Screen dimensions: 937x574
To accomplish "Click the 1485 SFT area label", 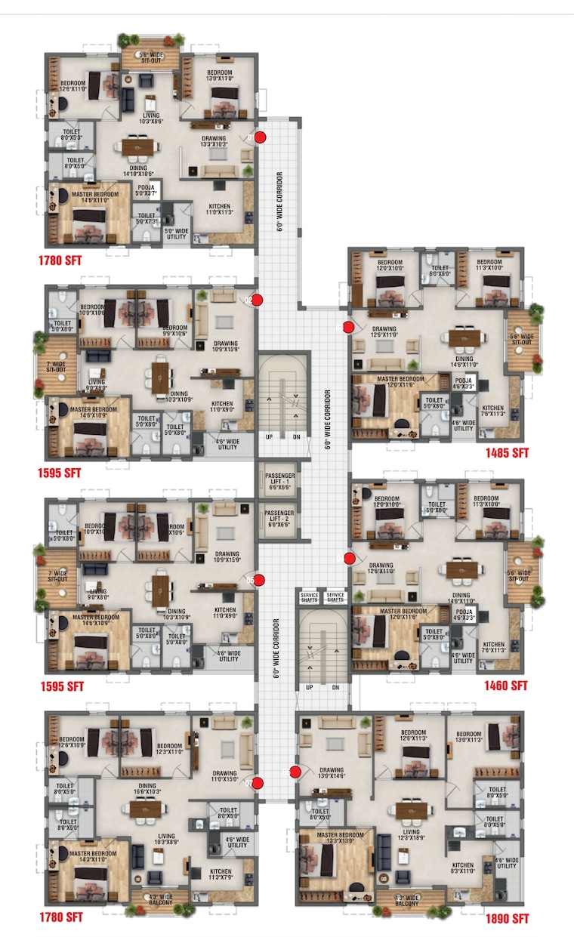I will [x=507, y=453].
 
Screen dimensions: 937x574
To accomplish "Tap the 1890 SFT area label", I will [x=507, y=919].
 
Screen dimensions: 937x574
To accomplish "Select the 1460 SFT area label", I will [x=507, y=686].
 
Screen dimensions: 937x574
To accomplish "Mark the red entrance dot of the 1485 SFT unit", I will [x=349, y=327].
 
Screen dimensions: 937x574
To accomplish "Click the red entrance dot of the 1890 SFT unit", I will [x=295, y=772].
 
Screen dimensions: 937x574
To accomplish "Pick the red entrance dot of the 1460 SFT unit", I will [x=349, y=558].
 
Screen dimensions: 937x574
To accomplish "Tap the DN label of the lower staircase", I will [x=335, y=687].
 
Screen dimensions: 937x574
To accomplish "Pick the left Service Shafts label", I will [x=308, y=597].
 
